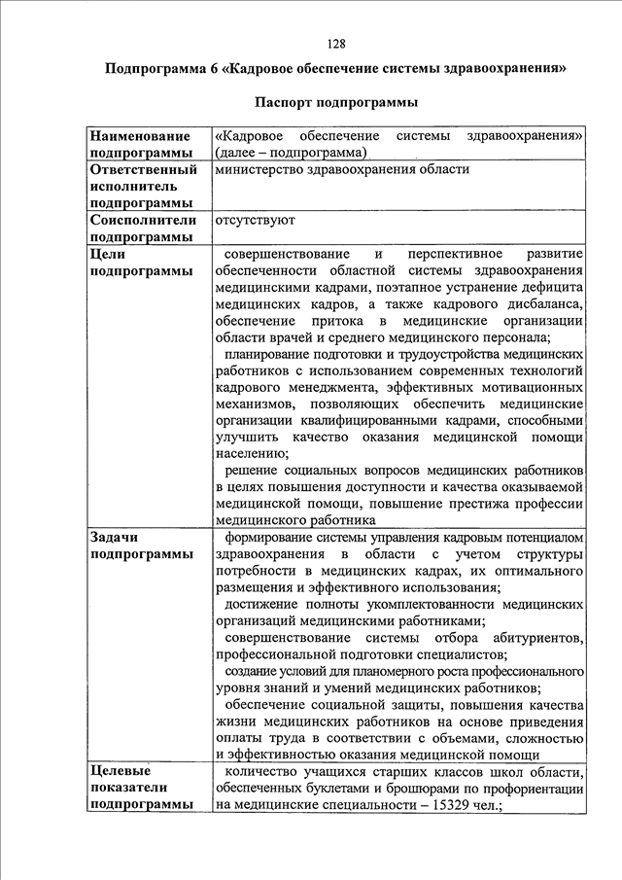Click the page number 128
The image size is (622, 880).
point(337,44)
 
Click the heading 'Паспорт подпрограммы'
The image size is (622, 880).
point(336,102)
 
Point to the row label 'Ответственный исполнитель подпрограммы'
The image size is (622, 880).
point(142,186)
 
